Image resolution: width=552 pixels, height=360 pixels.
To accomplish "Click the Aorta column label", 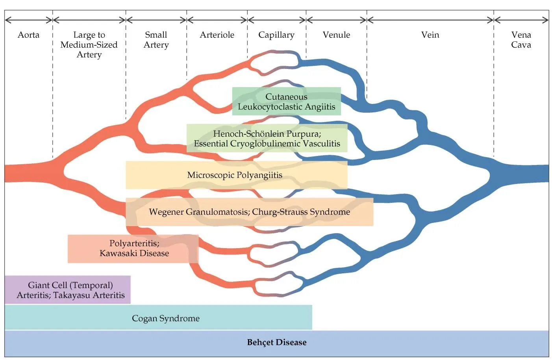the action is [x=28, y=35].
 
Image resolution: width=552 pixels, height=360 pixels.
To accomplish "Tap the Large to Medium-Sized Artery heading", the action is [x=89, y=45].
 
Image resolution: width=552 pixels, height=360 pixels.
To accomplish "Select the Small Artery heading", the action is [x=156, y=40].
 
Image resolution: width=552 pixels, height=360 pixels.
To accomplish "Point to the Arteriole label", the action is [x=217, y=35].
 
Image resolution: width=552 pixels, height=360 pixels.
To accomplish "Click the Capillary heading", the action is [x=276, y=35].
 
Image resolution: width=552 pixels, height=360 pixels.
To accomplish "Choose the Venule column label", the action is [x=336, y=35].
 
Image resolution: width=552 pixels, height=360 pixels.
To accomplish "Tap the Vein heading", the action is [x=430, y=35].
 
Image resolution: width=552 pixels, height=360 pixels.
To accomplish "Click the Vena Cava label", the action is [x=521, y=40].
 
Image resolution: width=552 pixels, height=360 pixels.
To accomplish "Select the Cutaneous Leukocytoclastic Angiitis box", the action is [x=286, y=101].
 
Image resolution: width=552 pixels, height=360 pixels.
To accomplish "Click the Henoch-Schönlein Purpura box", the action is [x=267, y=138].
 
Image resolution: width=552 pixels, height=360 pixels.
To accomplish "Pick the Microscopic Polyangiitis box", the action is [x=237, y=175].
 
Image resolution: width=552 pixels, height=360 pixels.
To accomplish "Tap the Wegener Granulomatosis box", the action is [x=249, y=212].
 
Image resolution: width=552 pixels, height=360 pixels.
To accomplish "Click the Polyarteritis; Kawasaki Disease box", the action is [x=133, y=249].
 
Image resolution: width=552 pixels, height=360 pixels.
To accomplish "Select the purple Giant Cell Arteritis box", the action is [x=67, y=289].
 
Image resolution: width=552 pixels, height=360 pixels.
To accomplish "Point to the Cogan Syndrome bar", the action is [x=158, y=317].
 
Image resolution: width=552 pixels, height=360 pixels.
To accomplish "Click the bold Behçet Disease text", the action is [x=277, y=342].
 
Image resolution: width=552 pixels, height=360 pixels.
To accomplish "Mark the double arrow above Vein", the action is [x=430, y=20].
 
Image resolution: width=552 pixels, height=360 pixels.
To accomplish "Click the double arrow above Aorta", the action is [x=29, y=20].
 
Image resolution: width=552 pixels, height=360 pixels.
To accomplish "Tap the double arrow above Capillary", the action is [x=277, y=20].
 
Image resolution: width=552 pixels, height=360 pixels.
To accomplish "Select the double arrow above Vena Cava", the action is [x=521, y=20].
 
